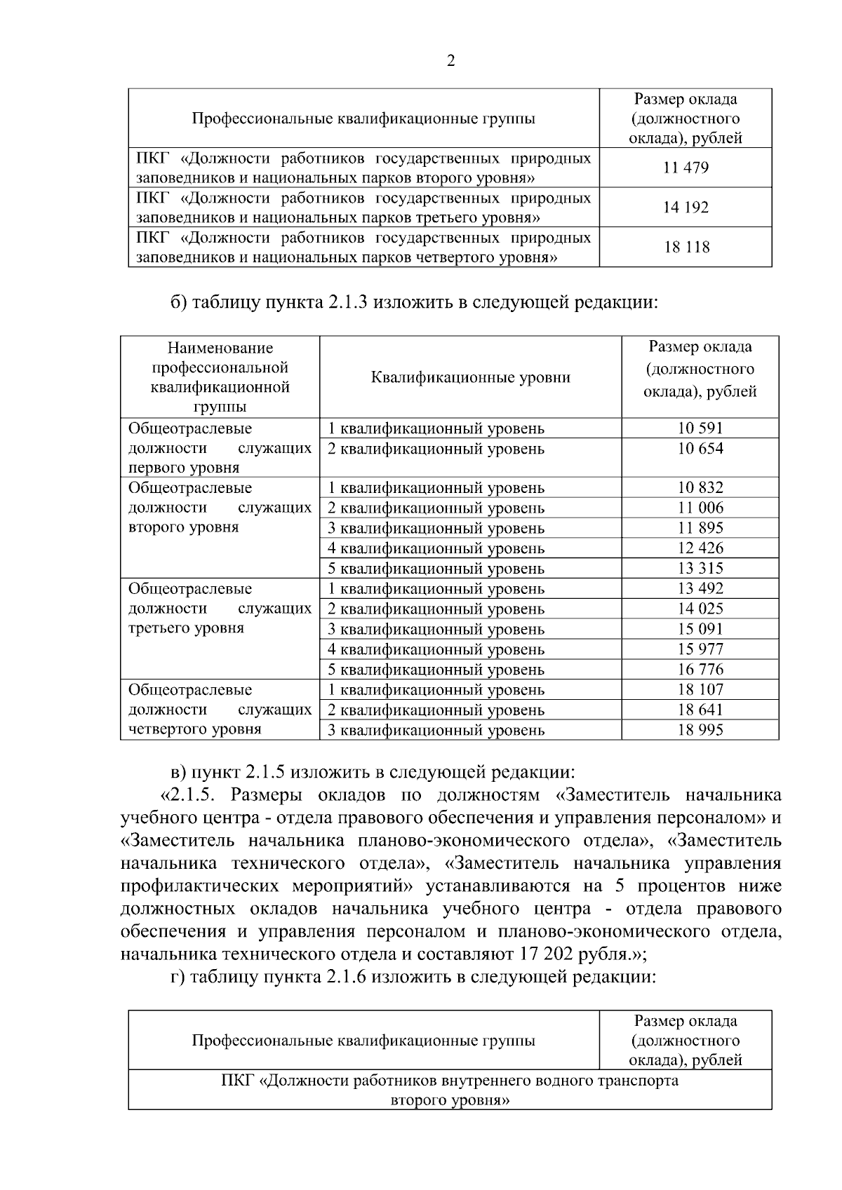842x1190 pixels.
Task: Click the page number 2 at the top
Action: (x=450, y=61)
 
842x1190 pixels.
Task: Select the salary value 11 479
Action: (x=686, y=168)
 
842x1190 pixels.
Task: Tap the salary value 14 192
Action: (x=686, y=208)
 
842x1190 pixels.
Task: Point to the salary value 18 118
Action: (x=686, y=248)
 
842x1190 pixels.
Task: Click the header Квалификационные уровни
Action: (x=470, y=377)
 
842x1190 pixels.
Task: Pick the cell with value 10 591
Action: (x=700, y=428)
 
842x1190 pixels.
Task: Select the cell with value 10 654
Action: (x=700, y=448)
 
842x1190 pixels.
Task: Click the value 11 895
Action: (x=700, y=527)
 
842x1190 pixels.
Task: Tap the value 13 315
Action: (x=700, y=568)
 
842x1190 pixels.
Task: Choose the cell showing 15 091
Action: (x=700, y=629)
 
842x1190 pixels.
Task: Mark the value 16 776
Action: (x=700, y=669)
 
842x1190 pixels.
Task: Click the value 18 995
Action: (x=700, y=730)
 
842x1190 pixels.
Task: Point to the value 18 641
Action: (x=700, y=710)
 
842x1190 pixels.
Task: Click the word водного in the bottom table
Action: (x=563, y=1081)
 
